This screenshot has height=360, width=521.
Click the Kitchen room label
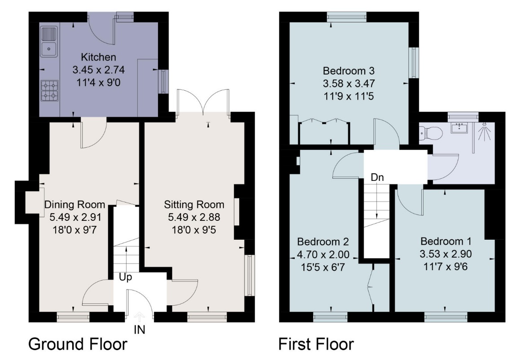pos(99,57)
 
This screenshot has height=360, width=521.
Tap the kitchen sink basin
pos(49,49)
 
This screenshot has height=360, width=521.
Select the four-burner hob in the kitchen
pos(49,90)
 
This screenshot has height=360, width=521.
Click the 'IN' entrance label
pos(140,330)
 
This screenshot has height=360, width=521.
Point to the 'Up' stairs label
pos(125,277)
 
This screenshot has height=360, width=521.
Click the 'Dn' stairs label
pos(377,177)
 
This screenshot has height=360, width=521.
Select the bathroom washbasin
pos(460,127)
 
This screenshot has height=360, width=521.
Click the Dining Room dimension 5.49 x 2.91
pos(75,217)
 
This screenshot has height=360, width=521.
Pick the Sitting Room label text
pos(194,204)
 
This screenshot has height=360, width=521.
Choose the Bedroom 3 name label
pos(349,71)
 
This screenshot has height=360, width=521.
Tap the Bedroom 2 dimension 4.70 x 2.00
pos(323,255)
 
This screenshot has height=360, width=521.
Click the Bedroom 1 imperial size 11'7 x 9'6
pos(446,267)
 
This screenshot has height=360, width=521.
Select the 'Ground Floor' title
pos(78,344)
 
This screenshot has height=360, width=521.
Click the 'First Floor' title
pos(316,344)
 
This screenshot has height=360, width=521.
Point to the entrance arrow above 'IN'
pos(140,317)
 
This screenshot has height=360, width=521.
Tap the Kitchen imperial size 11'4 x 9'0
pos(99,83)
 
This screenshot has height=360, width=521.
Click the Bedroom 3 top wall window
pos(346,17)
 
